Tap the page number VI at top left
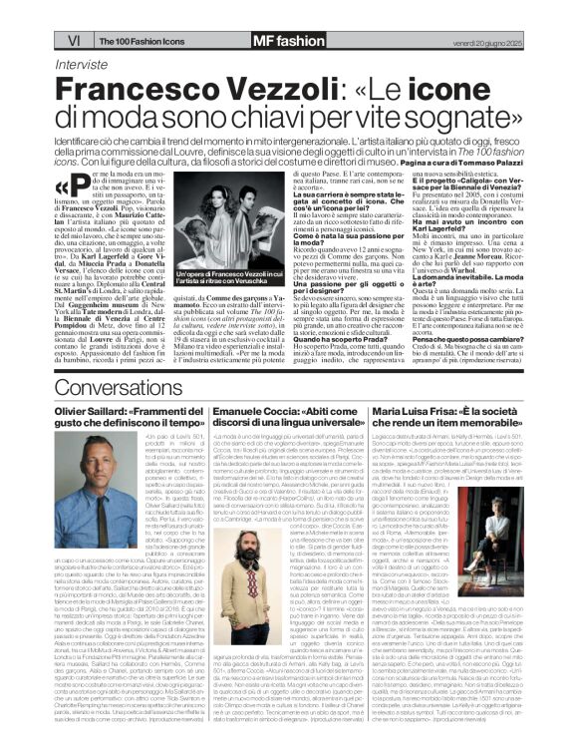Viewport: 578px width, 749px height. (x=18, y=12)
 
